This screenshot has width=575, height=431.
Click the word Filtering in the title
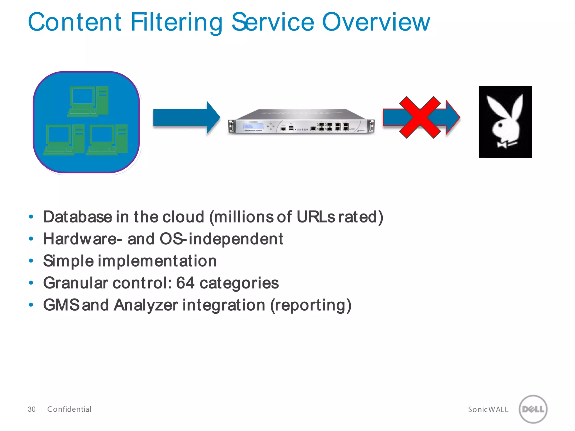click(x=176, y=22)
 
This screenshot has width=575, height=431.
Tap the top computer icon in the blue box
click(x=88, y=101)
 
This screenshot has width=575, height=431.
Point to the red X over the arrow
click(x=420, y=117)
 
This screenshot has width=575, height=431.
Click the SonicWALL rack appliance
click(x=301, y=122)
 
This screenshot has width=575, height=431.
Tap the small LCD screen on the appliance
click(x=253, y=126)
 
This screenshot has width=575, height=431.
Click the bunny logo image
click(x=505, y=122)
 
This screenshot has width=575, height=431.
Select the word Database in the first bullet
click(x=77, y=217)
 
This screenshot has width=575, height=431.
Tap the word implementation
click(x=157, y=261)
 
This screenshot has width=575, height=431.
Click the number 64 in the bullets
click(x=185, y=283)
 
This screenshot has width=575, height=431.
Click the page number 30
click(x=31, y=409)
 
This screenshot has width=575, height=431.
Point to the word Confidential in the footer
click(x=69, y=409)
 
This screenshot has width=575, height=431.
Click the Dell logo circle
click(x=533, y=409)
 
